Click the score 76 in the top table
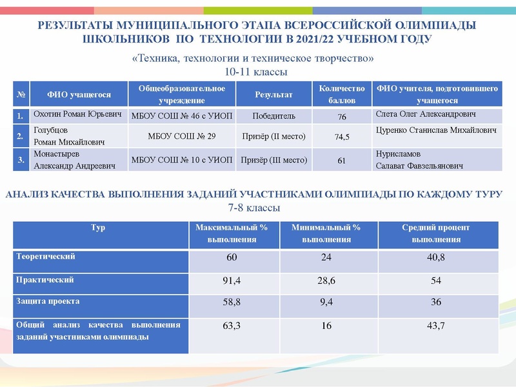click(342, 117)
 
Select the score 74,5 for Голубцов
click(342, 137)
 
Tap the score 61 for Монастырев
click(342, 161)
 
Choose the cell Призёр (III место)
click(274, 160)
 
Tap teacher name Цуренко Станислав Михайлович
click(436, 131)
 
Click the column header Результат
click(273, 95)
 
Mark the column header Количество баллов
click(342, 95)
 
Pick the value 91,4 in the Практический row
click(232, 281)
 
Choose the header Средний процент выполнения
click(436, 233)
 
